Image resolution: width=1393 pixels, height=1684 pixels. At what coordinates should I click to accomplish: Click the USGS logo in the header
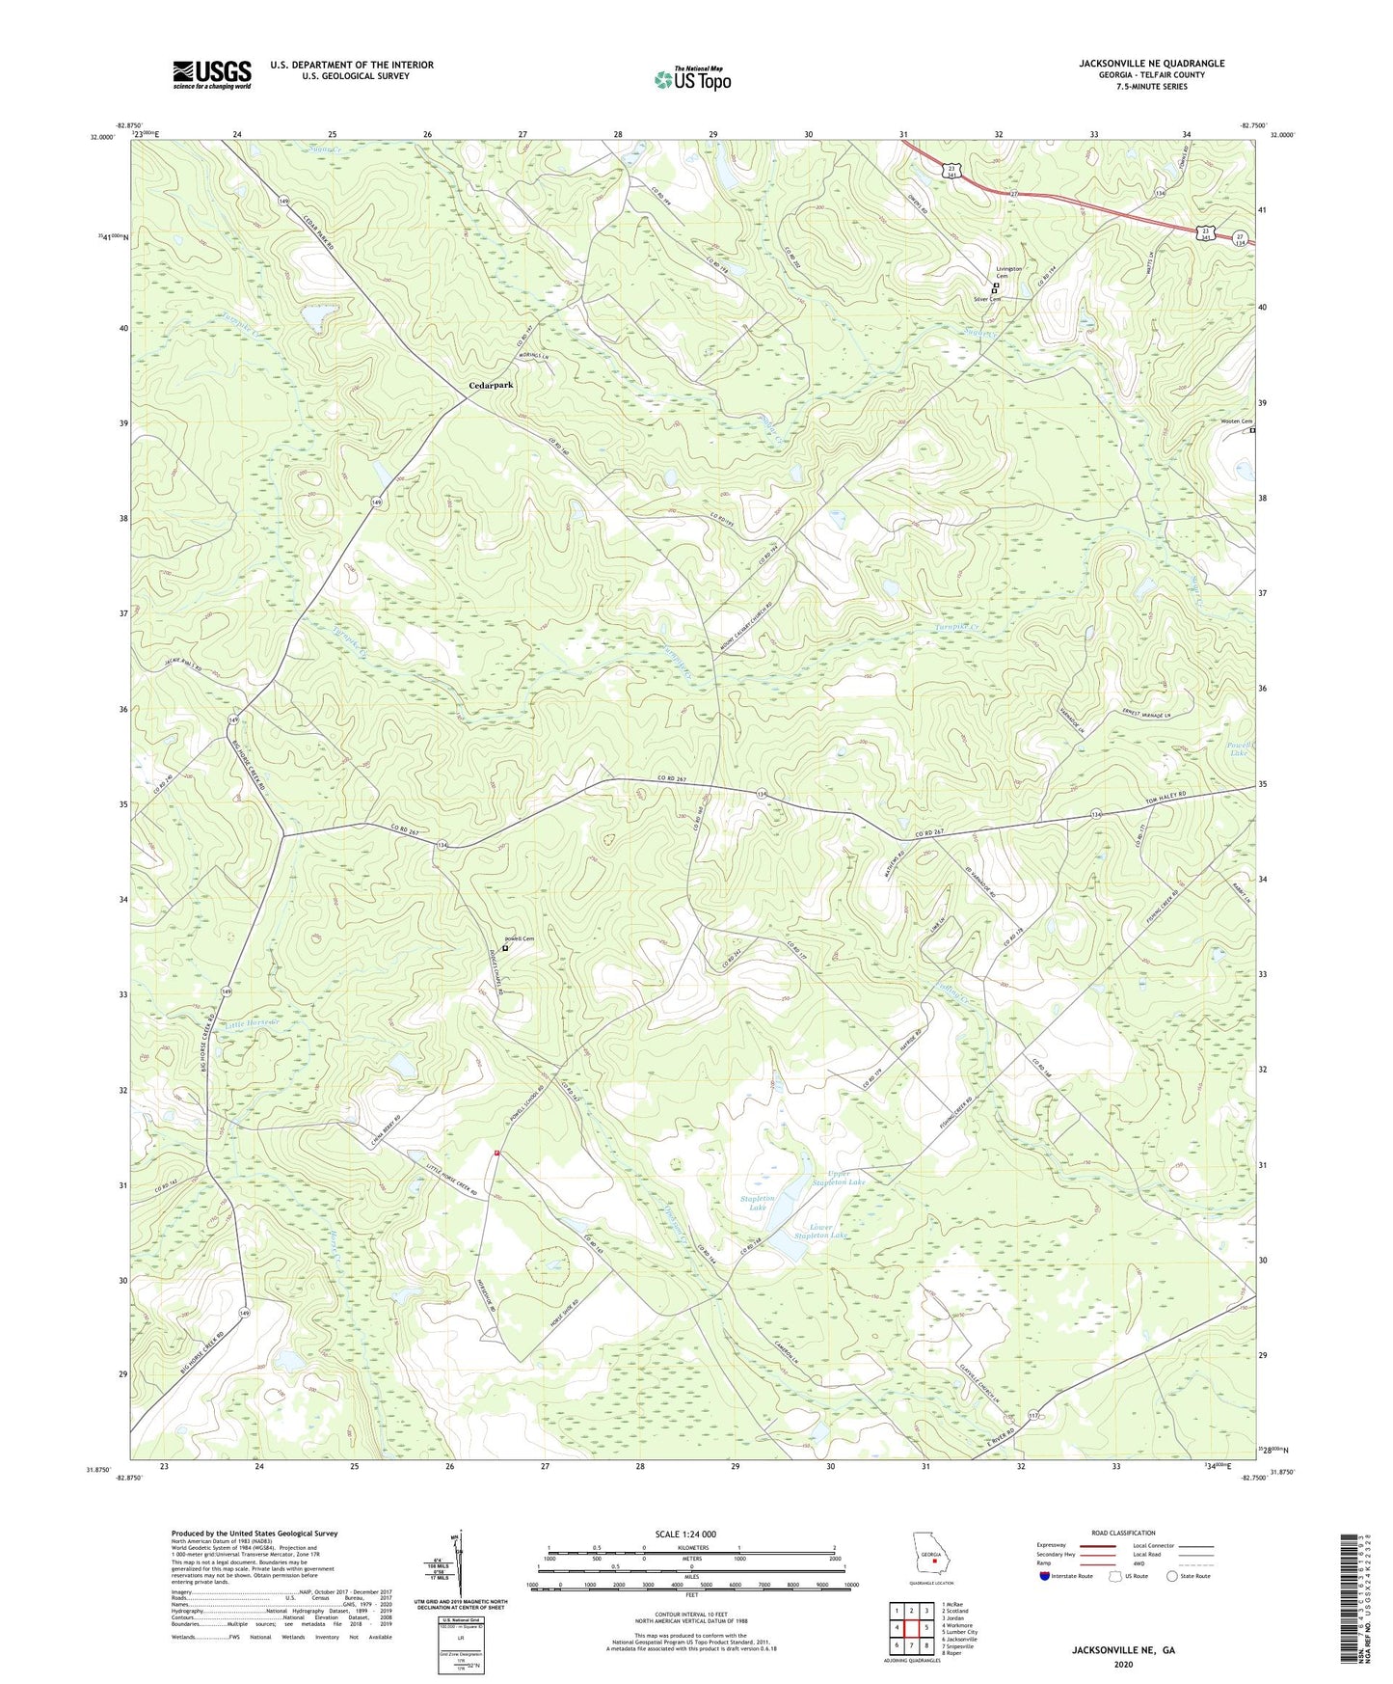[x=212, y=74]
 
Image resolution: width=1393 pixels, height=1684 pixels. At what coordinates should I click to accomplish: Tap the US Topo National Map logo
[x=691, y=79]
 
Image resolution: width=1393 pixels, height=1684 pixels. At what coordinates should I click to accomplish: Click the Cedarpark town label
[x=491, y=385]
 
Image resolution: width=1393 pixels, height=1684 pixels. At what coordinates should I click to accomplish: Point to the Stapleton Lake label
[x=758, y=1202]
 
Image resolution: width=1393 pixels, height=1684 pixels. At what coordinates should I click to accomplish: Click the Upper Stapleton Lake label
[x=838, y=1177]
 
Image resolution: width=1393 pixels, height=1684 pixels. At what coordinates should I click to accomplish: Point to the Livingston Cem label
[x=1008, y=272]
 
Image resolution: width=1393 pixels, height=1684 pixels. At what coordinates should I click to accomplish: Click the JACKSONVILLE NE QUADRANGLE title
[x=1151, y=64]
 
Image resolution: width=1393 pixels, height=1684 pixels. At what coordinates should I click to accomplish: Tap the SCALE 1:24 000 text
[x=685, y=1534]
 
